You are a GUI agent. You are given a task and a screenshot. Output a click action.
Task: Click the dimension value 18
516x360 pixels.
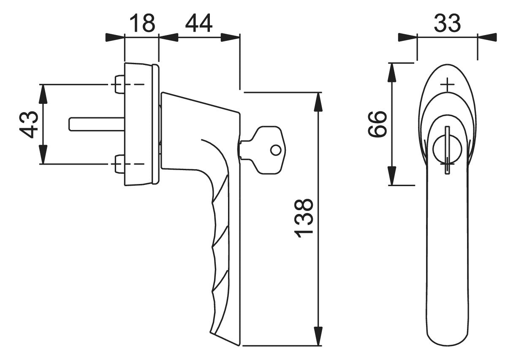coord(142,23)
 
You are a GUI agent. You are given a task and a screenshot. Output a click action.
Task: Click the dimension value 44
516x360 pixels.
coord(198,23)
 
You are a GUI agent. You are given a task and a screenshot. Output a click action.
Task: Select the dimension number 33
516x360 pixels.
coord(447,23)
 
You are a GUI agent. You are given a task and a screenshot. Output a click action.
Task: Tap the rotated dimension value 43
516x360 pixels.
coord(29,125)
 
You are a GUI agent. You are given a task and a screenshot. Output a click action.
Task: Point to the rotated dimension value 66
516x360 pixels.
coord(377,124)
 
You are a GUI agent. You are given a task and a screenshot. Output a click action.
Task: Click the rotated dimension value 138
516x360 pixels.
coord(304,218)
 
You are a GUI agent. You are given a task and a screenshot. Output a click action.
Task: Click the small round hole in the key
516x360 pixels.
coord(275,150)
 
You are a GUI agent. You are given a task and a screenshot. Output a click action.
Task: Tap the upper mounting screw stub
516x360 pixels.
coord(119,84)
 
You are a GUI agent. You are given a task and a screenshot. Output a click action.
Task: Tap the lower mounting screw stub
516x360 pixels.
coord(119,164)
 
